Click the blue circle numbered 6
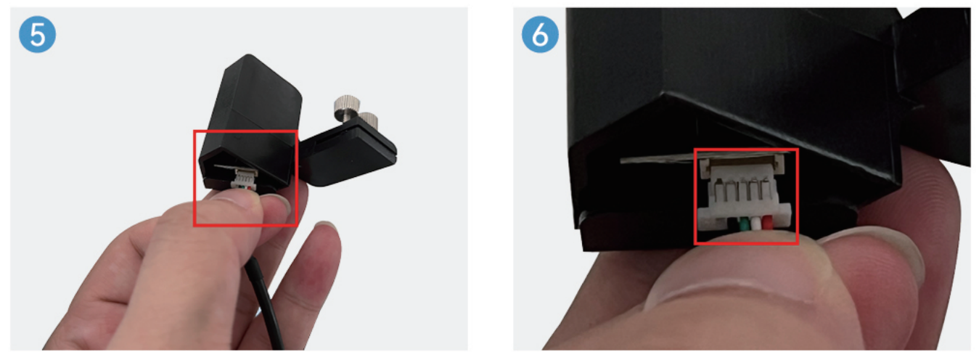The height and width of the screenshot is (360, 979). (x=540, y=36)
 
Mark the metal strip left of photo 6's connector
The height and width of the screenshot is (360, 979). (x=657, y=159)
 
